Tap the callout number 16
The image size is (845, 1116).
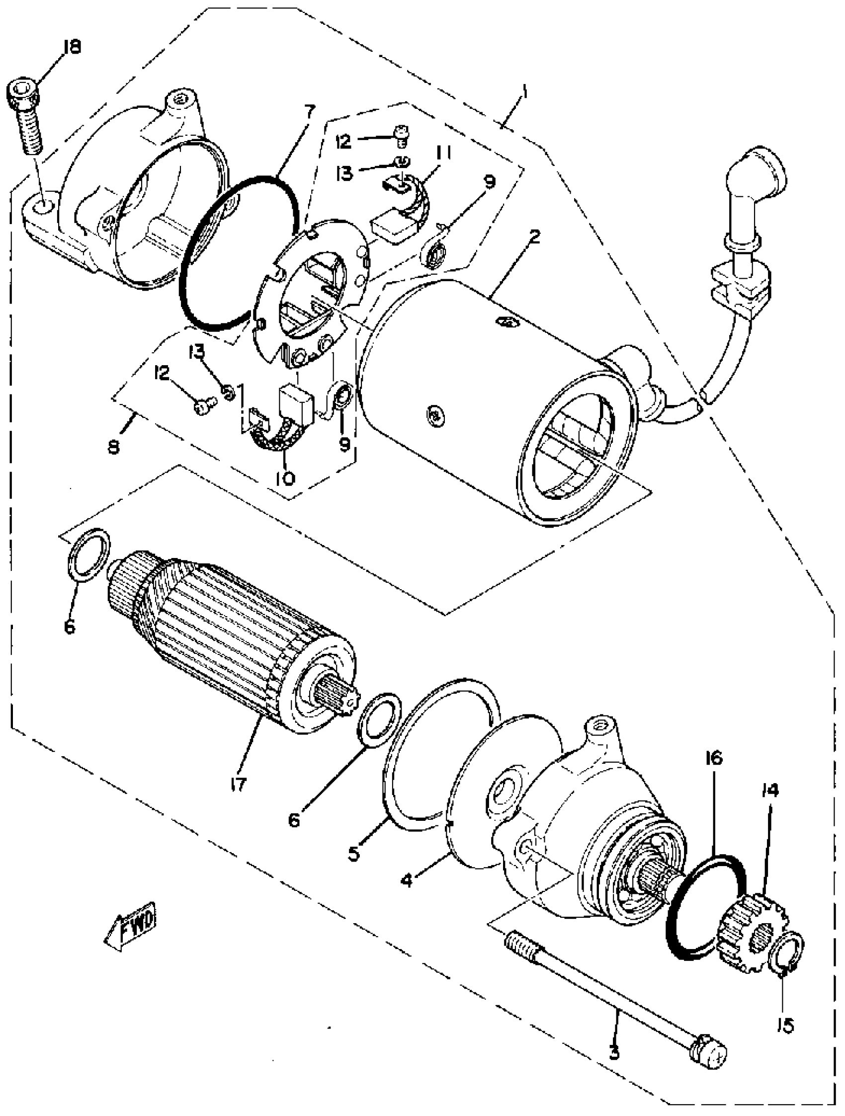[714, 758]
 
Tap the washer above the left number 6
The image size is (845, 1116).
[89, 555]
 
